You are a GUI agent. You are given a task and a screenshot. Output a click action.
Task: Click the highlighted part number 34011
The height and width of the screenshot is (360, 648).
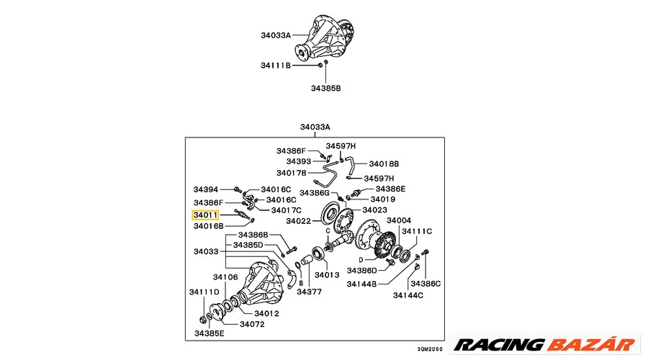pos(207,215)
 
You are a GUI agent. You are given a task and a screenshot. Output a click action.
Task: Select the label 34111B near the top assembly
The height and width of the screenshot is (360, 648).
pos(276,66)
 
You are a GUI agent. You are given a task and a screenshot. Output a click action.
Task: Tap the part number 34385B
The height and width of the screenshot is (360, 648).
pos(325,89)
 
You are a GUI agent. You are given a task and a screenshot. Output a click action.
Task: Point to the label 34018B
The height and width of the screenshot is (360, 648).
pos(384,163)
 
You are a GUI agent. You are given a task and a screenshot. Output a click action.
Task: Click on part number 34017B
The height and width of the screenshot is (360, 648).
pos(291,173)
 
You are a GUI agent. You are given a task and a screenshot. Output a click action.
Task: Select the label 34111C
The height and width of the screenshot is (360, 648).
pos(417,231)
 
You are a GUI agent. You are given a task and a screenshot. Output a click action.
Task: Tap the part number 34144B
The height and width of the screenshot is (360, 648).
pos(361,284)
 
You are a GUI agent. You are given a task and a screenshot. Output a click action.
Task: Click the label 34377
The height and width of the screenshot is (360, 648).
pos(309,292)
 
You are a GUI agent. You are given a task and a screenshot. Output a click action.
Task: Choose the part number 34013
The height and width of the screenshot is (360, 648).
pos(326,275)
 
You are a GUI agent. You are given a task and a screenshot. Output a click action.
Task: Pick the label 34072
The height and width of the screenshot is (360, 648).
pos(253,324)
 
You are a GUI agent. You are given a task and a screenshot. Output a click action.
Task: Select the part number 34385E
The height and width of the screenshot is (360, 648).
pos(209,333)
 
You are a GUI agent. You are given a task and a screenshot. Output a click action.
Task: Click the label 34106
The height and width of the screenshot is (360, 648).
pos(225,277)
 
